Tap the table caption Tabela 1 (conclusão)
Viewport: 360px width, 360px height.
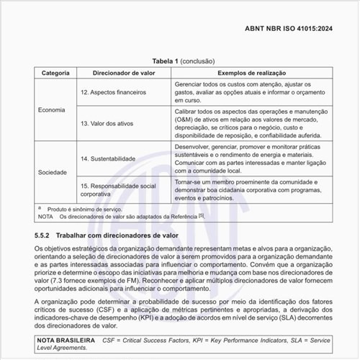point(179,62)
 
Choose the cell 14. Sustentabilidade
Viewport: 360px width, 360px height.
point(110,158)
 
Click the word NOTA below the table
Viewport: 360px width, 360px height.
point(47,216)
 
